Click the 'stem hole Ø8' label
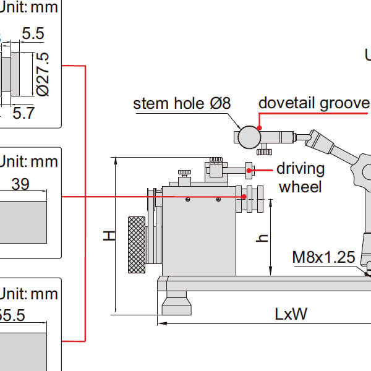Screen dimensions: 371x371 (x=182, y=103)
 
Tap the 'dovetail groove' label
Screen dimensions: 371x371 (x=313, y=103)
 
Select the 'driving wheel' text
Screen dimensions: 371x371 (x=300, y=177)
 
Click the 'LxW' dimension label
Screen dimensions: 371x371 (x=291, y=314)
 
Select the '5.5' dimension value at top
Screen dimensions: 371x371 (x=32, y=35)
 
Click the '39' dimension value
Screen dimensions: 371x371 (x=20, y=184)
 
